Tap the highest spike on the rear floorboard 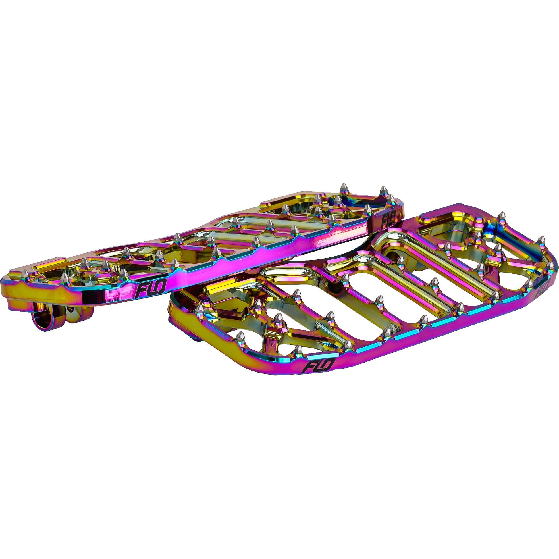(344, 186)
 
